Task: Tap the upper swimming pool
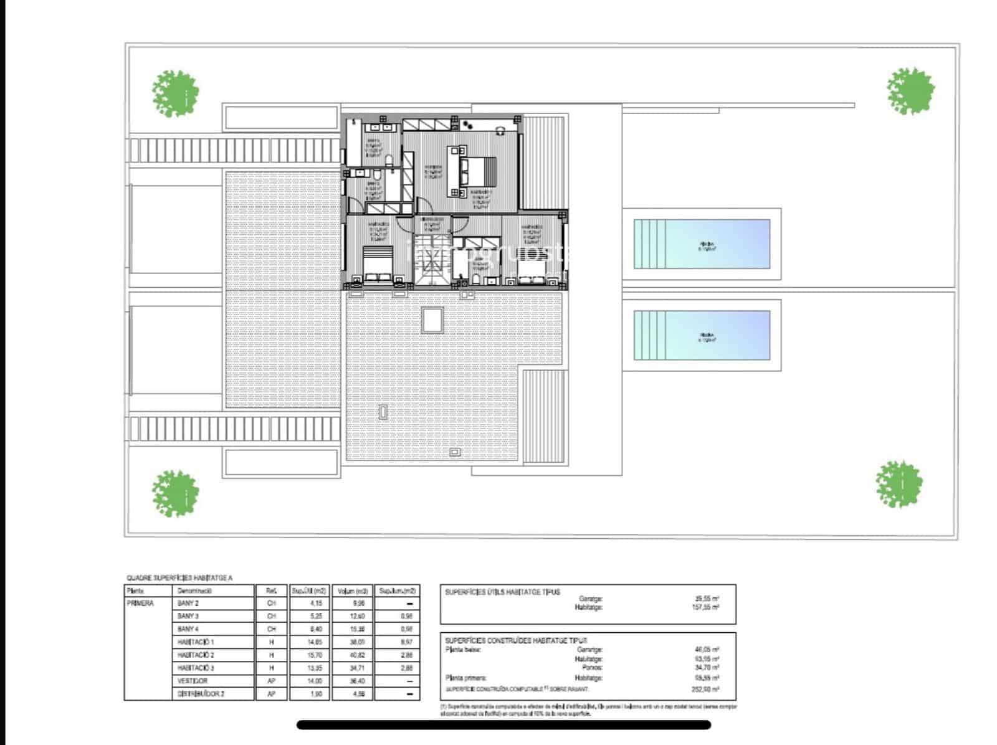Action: coord(702,244)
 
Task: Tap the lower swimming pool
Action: coord(702,335)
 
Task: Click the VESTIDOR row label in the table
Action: coord(193,681)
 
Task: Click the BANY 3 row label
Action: coord(188,616)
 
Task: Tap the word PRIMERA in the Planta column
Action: coord(140,603)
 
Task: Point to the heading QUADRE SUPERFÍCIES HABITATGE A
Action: coord(179,578)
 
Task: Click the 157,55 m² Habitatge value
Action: coord(706,607)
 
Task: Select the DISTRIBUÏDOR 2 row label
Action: coord(201,694)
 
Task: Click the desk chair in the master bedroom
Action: coord(500,130)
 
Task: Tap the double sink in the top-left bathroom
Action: coord(382,128)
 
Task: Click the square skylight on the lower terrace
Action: coord(432,320)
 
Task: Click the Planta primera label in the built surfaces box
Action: coord(466,678)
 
